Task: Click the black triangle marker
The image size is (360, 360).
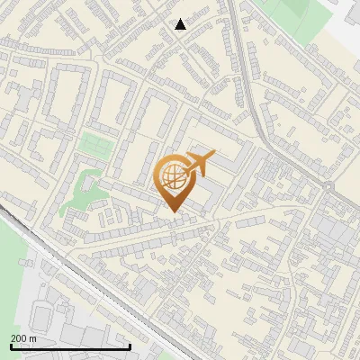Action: click(x=181, y=24)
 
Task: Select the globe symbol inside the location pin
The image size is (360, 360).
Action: click(x=173, y=177)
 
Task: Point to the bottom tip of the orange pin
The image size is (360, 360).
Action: click(x=173, y=211)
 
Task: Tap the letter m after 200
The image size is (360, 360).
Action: click(x=33, y=338)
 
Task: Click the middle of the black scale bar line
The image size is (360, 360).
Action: click(x=70, y=346)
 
